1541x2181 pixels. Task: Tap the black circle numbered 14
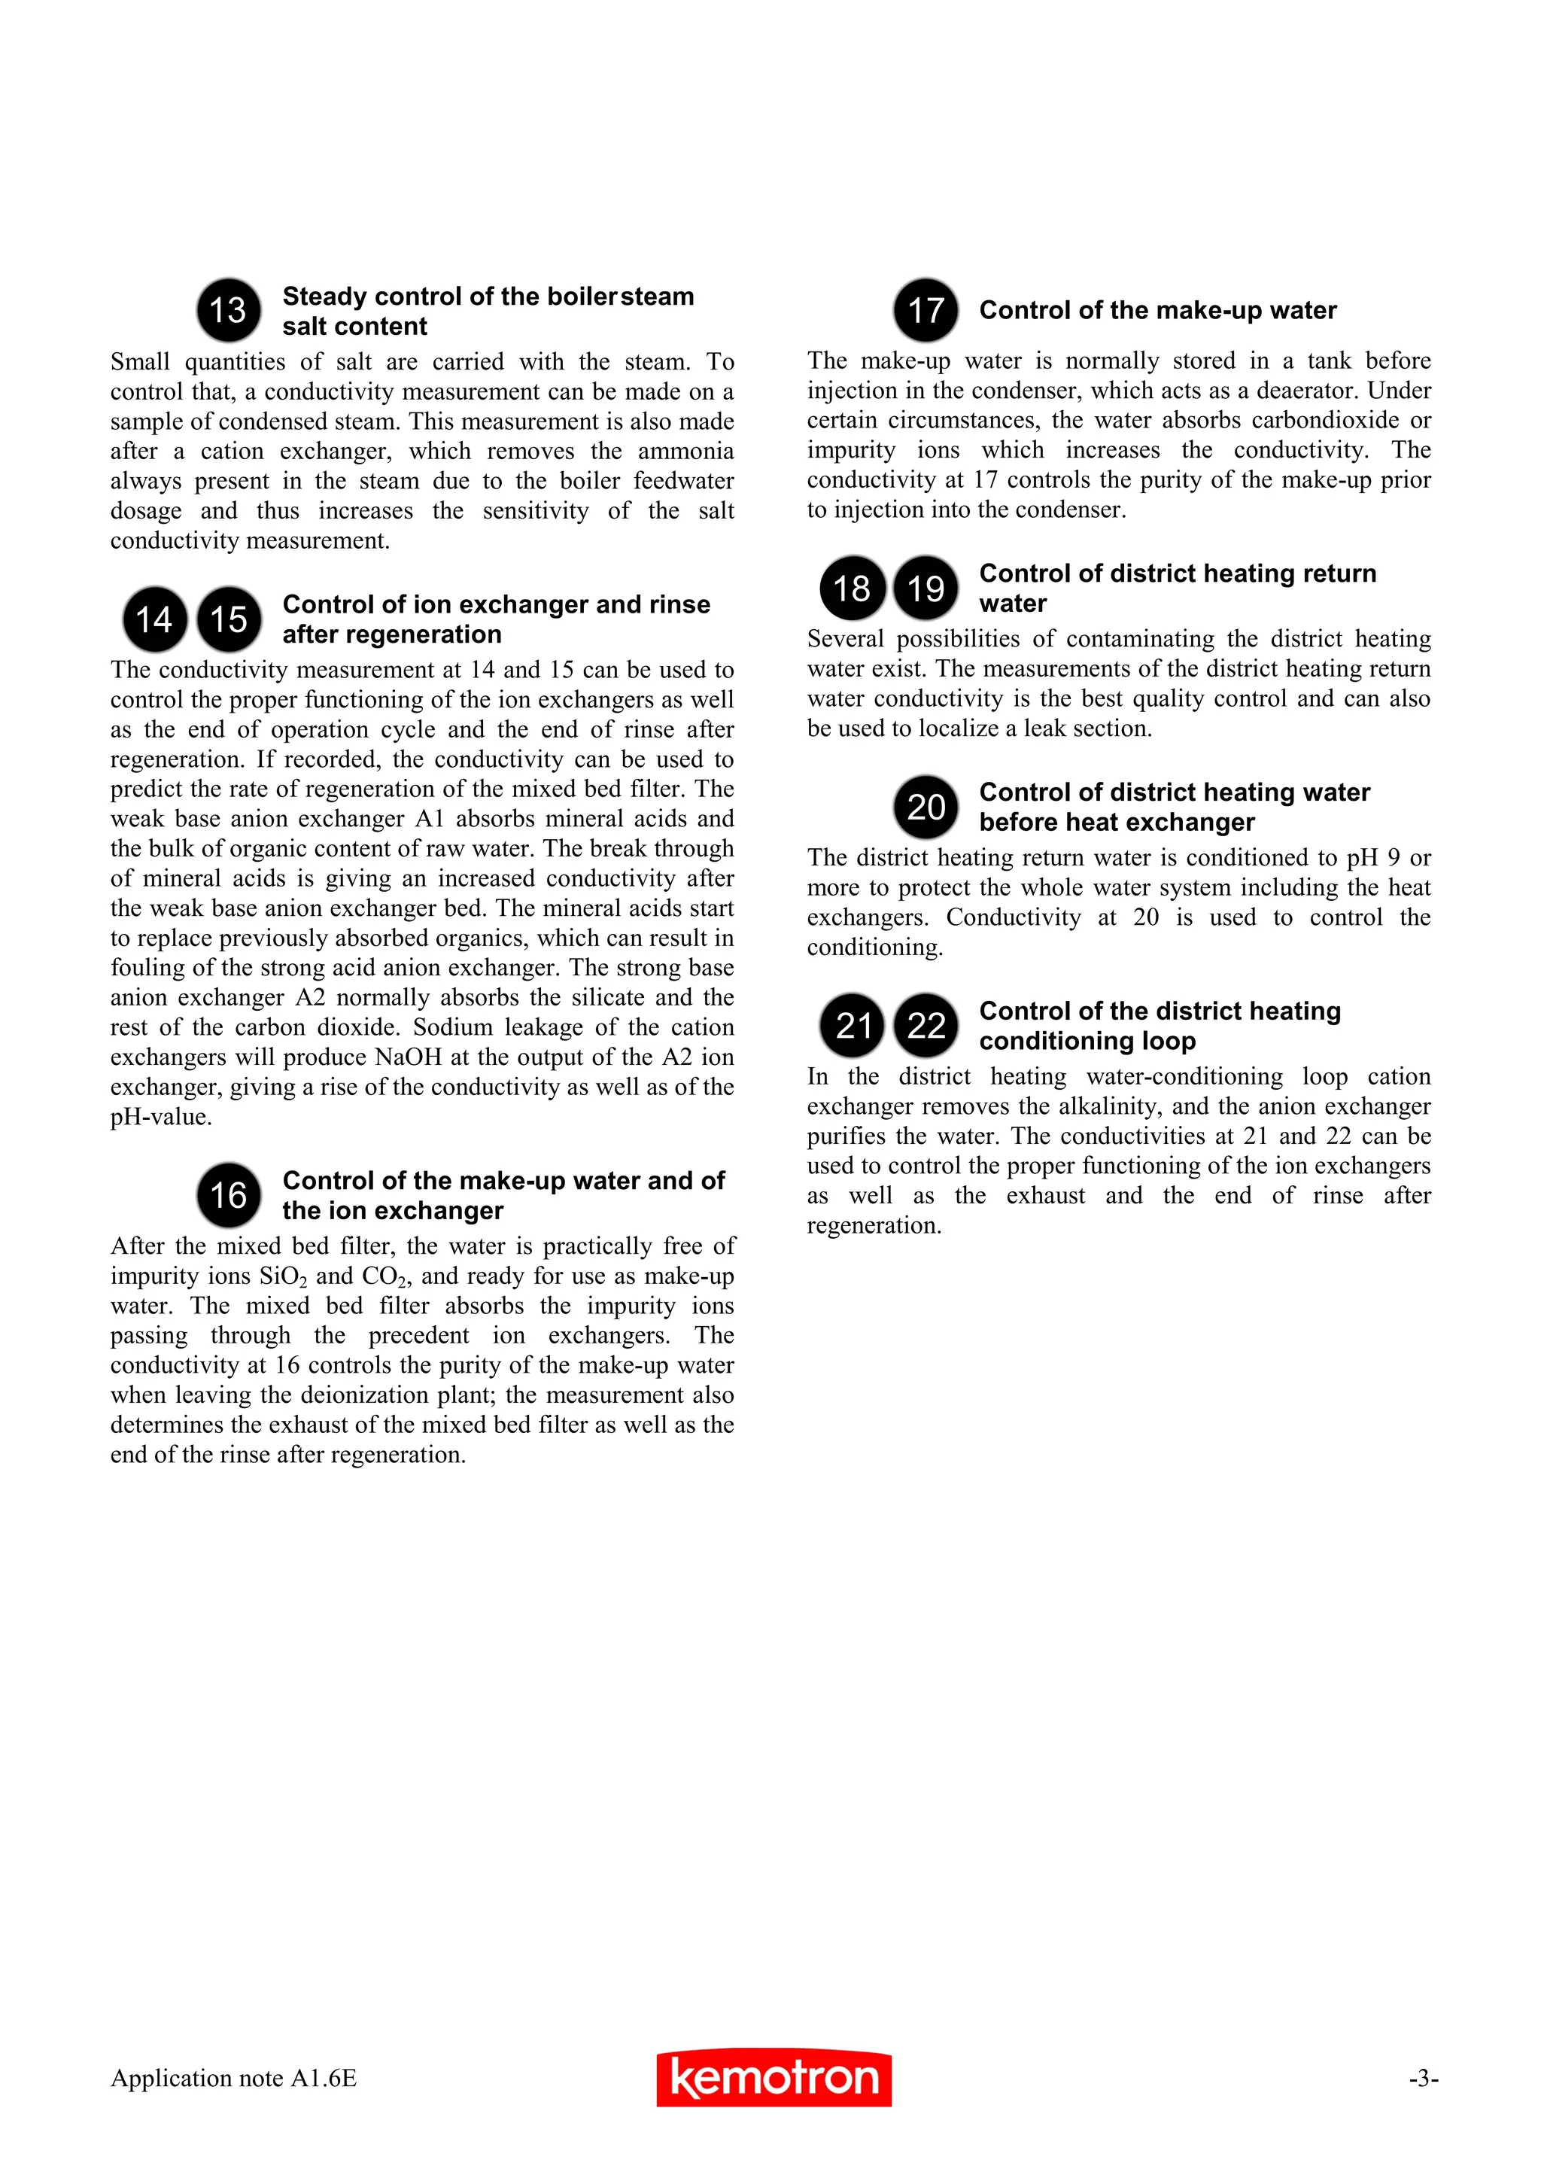click(153, 619)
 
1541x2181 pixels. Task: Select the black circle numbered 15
click(228, 619)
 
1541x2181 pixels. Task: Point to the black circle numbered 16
click(228, 1195)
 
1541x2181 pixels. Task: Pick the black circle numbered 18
click(852, 588)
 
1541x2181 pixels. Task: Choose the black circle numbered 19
click(926, 588)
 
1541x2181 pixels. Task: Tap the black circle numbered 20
click(926, 807)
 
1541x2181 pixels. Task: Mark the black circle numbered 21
click(852, 1025)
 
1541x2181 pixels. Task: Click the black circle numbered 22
click(926, 1025)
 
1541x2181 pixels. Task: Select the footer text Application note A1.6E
click(233, 2079)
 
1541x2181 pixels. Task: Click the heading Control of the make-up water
click(1157, 311)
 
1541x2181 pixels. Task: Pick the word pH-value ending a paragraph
click(160, 1117)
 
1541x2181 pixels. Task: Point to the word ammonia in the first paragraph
click(685, 452)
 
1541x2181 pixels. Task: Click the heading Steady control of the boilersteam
click(488, 297)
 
